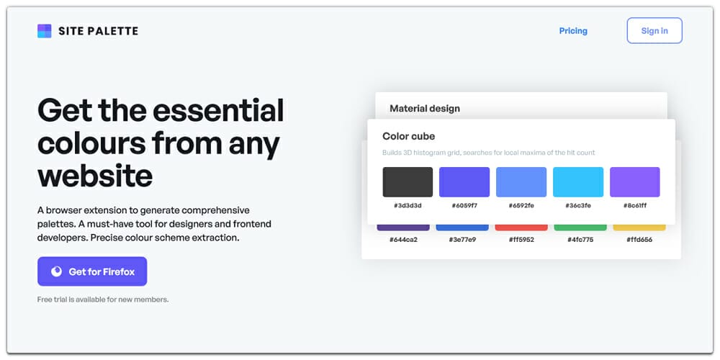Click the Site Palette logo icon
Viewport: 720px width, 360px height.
point(45,31)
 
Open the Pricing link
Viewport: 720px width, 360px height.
point(573,31)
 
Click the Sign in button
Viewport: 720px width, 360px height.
point(654,31)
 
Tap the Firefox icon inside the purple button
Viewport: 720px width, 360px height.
point(57,271)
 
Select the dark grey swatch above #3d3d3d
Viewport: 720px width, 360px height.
point(408,182)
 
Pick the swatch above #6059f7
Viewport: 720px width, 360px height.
point(464,182)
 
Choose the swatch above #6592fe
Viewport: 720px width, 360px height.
point(521,182)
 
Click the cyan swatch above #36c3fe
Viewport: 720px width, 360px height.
point(578,182)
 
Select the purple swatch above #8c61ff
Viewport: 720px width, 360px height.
point(634,182)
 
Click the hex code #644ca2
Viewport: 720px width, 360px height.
point(403,240)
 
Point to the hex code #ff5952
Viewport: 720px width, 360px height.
point(521,240)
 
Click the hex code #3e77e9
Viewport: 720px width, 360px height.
point(462,240)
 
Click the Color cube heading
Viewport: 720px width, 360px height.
point(408,136)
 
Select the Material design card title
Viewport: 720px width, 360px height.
point(424,109)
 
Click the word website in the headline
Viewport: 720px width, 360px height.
point(95,176)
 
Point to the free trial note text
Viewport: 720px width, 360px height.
point(103,300)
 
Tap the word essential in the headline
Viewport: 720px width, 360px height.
point(219,111)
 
